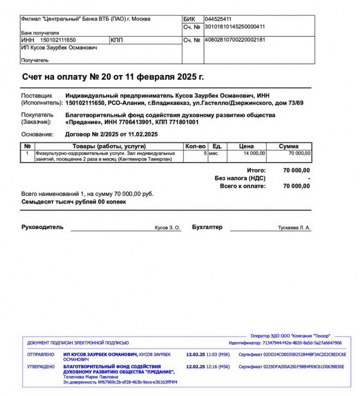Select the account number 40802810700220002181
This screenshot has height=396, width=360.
235,40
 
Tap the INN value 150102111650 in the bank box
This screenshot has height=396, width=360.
58,40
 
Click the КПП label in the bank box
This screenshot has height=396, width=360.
117,40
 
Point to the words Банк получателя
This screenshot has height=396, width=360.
39,33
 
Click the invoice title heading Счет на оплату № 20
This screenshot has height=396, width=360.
113,77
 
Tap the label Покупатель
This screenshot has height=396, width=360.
37,115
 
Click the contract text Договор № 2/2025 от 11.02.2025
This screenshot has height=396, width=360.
111,134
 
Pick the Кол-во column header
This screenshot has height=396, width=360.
195,146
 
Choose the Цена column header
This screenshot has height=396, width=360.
247,146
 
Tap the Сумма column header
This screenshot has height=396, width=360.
289,146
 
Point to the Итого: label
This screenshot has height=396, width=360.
256,171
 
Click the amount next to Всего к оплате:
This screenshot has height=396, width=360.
297,186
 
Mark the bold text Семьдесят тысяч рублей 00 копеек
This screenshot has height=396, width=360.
74,202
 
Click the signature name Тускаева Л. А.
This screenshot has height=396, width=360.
294,227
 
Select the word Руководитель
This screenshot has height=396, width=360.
43,227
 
